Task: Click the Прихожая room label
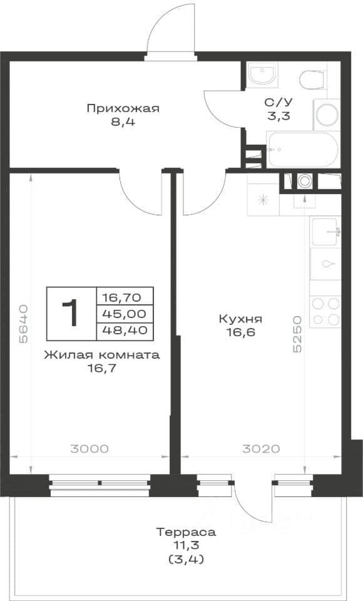[x=123, y=108]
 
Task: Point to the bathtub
[x=303, y=150]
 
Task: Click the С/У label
[x=279, y=102]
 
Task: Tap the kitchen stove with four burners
[x=325, y=311]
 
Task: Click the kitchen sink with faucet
[x=325, y=232]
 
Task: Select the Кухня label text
[x=240, y=319]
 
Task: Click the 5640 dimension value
[x=23, y=324]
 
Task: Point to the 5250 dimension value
[x=297, y=334]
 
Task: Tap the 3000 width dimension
[x=89, y=448]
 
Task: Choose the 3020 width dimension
[x=261, y=448]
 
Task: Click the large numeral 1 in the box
[x=71, y=313]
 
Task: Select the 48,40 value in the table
[x=125, y=330]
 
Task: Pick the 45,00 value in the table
[x=125, y=314]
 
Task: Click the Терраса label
[x=186, y=532]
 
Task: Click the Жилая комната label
[x=102, y=355]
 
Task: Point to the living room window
[x=100, y=486]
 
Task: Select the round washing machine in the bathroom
[x=327, y=114]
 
